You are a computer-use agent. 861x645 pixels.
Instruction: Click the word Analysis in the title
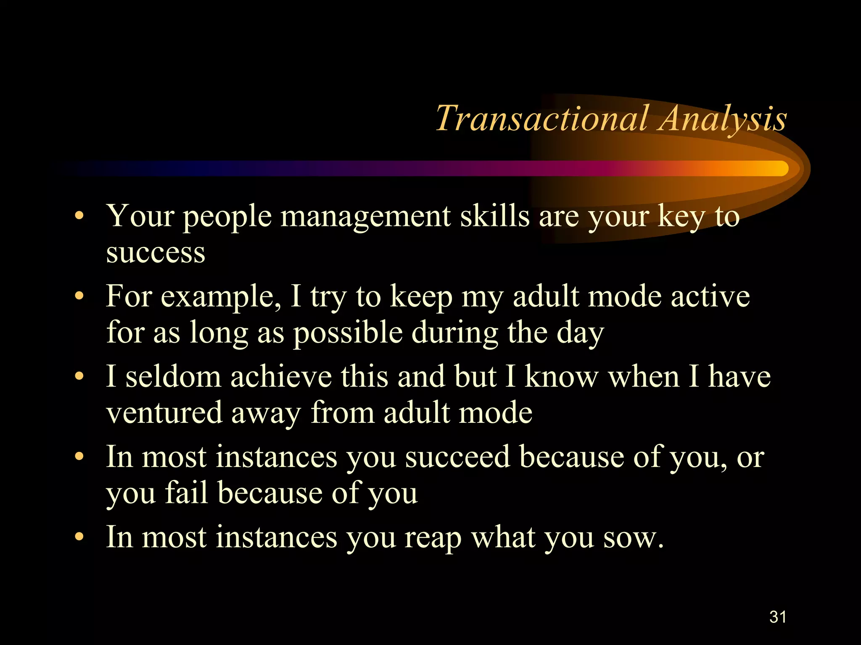click(x=723, y=119)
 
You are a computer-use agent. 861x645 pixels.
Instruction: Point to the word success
click(x=156, y=253)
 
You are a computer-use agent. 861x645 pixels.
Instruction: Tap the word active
click(x=710, y=296)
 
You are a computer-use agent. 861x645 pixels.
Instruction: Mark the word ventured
click(x=164, y=413)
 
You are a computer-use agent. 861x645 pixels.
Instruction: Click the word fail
click(x=186, y=493)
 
